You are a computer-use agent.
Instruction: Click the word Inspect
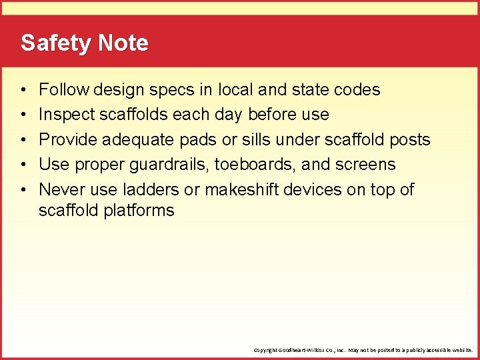(67, 115)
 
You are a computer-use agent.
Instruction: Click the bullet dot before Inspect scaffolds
(23, 115)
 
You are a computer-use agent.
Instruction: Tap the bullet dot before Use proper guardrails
(23, 165)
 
